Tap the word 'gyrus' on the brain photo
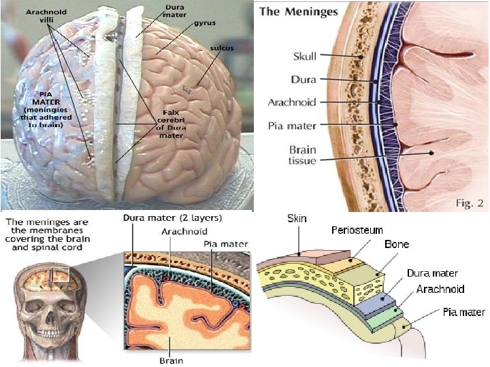click(205, 22)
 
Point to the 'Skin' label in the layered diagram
click(297, 219)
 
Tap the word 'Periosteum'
click(357, 231)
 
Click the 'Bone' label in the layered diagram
click(397, 244)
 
